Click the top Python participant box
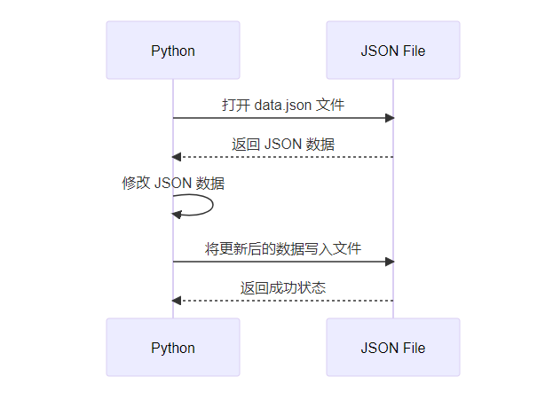pyautogui.click(x=173, y=51)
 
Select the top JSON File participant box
pyautogui.click(x=393, y=51)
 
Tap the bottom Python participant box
pyautogui.click(x=173, y=348)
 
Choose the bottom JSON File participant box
pyautogui.click(x=393, y=348)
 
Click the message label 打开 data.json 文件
pyautogui.click(x=283, y=105)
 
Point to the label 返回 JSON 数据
pyautogui.click(x=283, y=144)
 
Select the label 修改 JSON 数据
pyautogui.click(x=173, y=184)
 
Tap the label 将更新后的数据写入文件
pyautogui.click(x=283, y=249)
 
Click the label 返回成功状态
pyautogui.click(x=283, y=287)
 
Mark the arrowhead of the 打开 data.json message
pyautogui.click(x=389, y=118)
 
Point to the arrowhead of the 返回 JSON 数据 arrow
pyautogui.click(x=178, y=157)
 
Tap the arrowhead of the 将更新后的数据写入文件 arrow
pyautogui.click(x=389, y=262)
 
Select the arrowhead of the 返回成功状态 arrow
pyautogui.click(x=178, y=301)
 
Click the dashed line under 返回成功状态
pyautogui.click(x=283, y=301)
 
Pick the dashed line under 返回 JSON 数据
pyautogui.click(x=283, y=157)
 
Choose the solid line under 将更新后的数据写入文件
pyautogui.click(x=283, y=262)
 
